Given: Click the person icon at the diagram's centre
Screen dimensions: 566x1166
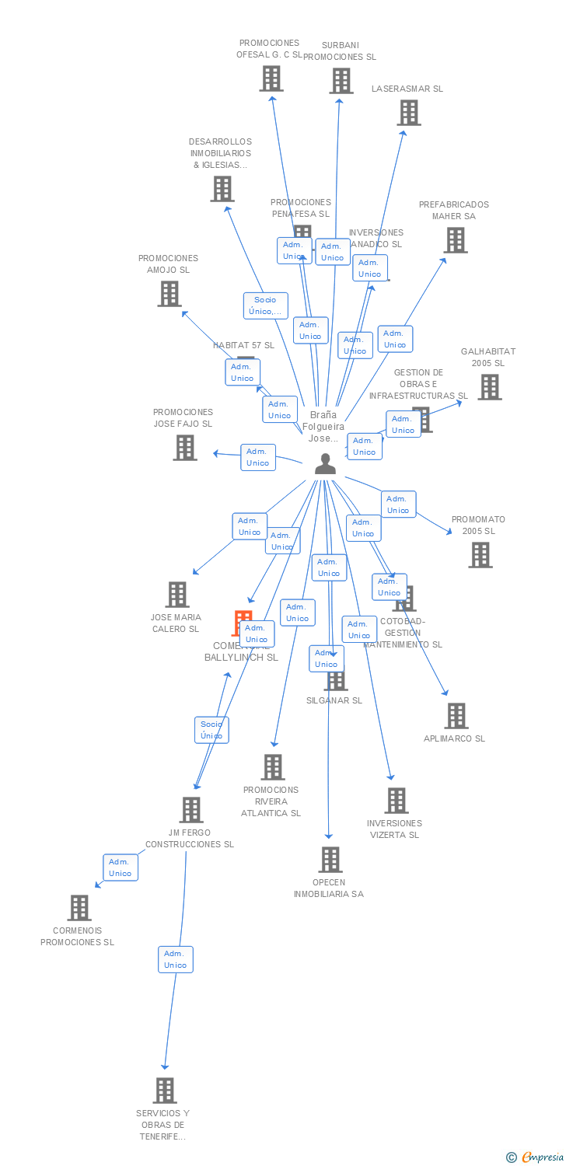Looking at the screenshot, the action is (325, 464).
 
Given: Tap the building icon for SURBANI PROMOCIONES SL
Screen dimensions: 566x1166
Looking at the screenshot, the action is (341, 81).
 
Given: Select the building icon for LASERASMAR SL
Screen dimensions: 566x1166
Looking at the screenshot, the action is (408, 113).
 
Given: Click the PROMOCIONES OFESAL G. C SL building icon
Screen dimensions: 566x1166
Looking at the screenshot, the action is (271, 79).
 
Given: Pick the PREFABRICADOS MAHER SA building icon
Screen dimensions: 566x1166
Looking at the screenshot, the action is (456, 240).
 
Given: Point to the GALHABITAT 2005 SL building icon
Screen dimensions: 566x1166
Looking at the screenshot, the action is (489, 386).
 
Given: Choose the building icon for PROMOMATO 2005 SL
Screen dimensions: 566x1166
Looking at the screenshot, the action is (480, 555).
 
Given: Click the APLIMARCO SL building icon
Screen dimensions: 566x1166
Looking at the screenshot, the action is (456, 716).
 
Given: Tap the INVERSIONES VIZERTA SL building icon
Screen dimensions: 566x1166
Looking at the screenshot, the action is (397, 801).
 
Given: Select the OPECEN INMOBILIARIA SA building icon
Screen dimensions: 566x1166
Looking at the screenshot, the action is (330, 860).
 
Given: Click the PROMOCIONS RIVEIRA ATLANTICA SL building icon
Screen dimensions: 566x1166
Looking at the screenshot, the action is (272, 767).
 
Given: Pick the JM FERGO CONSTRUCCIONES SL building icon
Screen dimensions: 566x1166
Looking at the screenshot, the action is (190, 810).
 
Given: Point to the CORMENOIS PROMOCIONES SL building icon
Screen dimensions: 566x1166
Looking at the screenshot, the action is (79, 908).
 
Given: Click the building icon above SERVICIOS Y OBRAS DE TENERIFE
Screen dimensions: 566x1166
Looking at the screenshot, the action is (164, 1091).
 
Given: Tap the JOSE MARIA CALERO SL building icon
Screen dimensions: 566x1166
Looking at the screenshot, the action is (177, 595).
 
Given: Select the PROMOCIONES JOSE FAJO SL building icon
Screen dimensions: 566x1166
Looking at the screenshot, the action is (184, 448).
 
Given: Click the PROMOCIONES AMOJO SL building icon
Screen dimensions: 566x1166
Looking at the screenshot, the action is (169, 294).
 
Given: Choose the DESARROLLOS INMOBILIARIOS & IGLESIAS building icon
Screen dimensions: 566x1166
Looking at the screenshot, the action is (222, 189).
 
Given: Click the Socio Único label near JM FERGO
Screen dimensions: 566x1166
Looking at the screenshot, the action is (211, 730).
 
